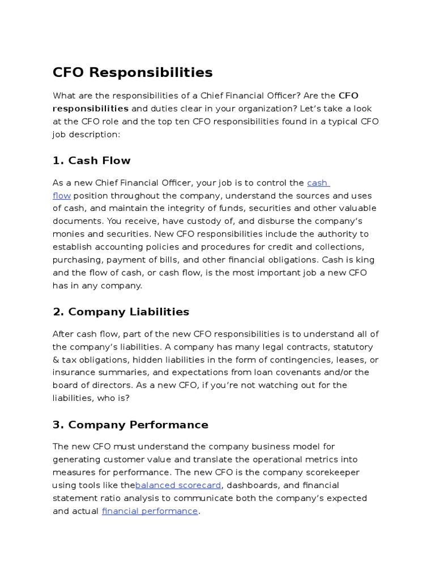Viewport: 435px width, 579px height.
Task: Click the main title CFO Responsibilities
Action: [133, 73]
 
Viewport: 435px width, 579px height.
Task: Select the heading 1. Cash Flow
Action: [91, 161]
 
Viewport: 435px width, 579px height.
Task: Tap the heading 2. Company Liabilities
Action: [121, 312]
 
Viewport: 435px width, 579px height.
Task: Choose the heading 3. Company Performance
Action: [130, 425]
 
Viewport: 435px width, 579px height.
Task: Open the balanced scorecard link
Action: [178, 485]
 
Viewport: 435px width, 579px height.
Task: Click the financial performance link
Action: [150, 511]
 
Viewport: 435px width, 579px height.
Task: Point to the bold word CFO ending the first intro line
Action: [348, 96]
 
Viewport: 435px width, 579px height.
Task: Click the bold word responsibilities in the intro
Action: [91, 108]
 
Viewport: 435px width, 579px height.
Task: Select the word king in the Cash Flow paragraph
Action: [363, 260]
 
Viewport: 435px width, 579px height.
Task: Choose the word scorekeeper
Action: [331, 472]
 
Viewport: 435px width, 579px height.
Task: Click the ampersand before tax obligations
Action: [56, 360]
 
